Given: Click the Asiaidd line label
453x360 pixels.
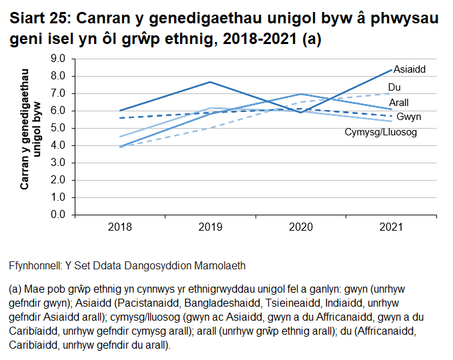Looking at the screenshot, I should pyautogui.click(x=409, y=69).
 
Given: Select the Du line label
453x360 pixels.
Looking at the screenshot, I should pyautogui.click(x=394, y=87).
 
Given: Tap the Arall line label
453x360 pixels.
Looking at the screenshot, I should pyautogui.click(x=399, y=103).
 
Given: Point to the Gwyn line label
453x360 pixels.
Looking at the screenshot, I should pyautogui.click(x=408, y=117).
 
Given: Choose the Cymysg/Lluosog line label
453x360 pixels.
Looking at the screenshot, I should pyautogui.click(x=380, y=133).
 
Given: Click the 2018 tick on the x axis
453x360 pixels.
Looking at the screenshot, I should pyautogui.click(x=119, y=227).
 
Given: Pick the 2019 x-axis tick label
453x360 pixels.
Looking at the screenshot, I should pyautogui.click(x=210, y=227).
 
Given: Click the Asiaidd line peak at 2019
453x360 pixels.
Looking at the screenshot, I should pyautogui.click(x=210, y=82).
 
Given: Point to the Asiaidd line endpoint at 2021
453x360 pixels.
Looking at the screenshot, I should pyautogui.click(x=391, y=69).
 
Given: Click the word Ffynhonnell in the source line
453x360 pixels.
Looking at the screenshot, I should pyautogui.click(x=34, y=265).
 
